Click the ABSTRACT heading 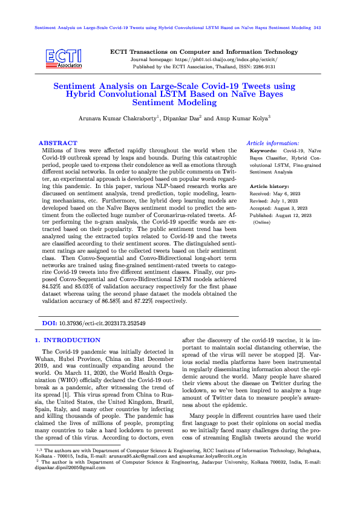coord(57,143)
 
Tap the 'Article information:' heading coord(273,142)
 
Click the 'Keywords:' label coord(263,149)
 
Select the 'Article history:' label coord(269,187)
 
